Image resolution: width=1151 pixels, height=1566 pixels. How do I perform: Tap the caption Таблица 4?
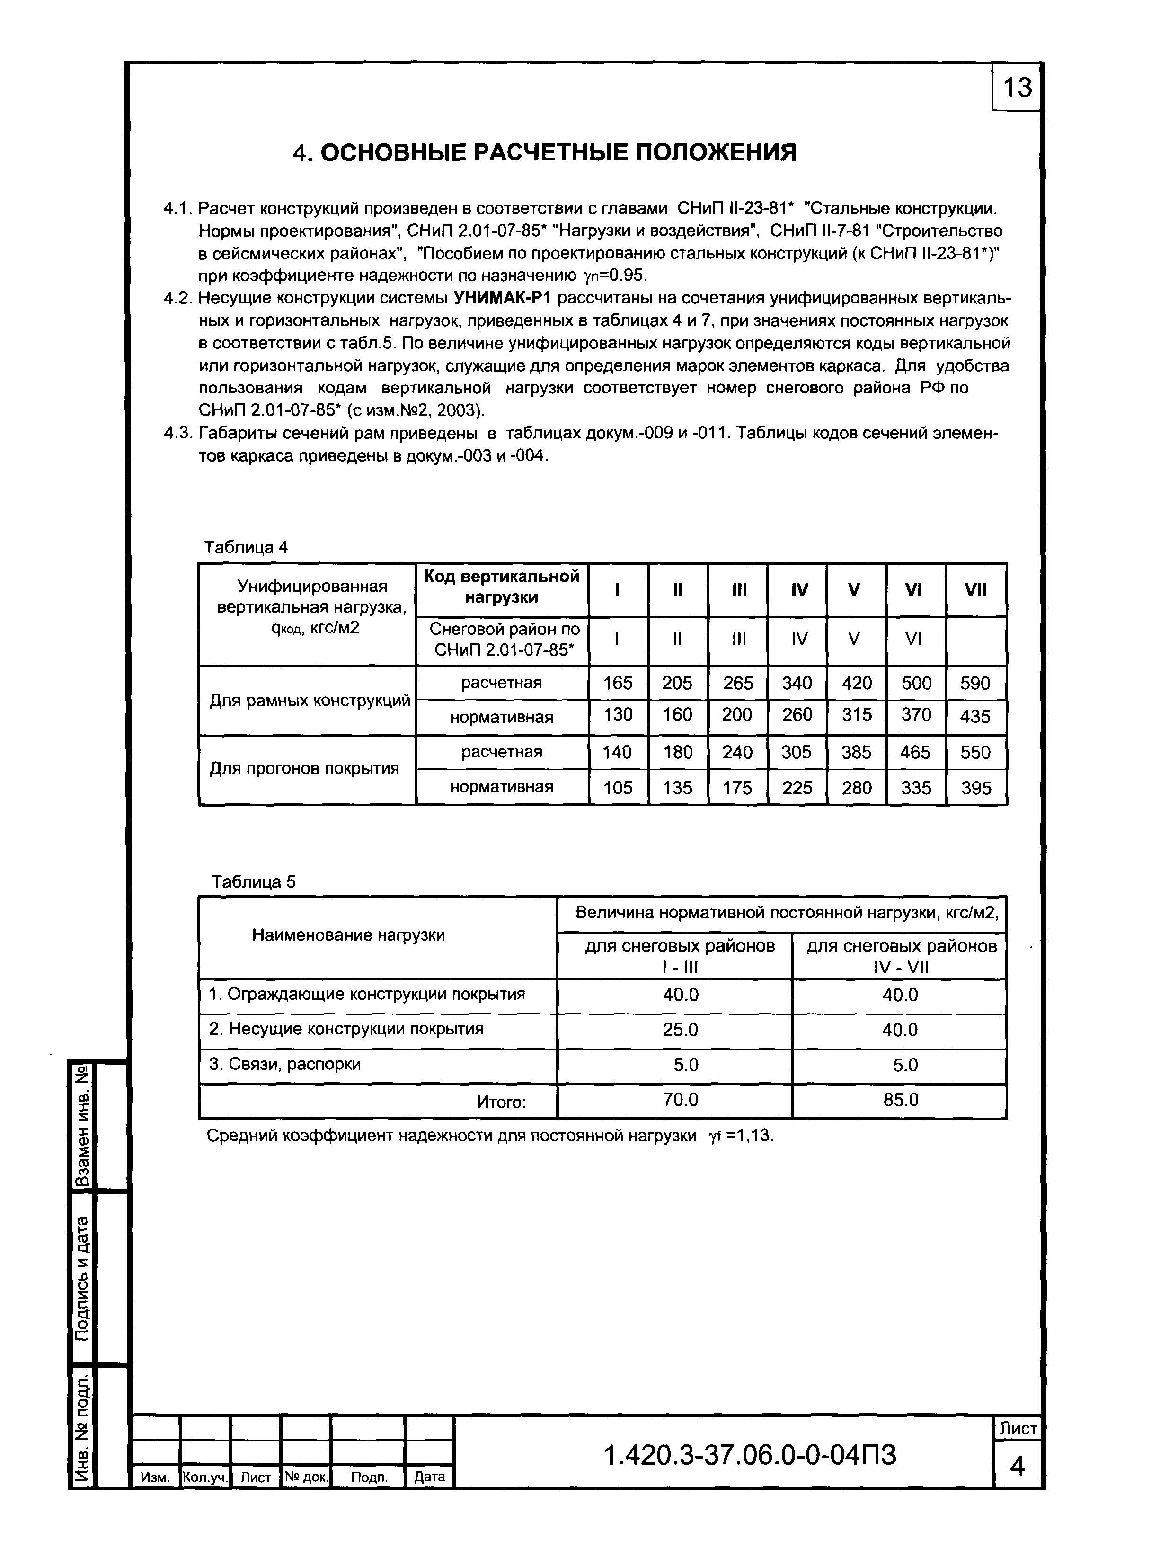[x=245, y=547]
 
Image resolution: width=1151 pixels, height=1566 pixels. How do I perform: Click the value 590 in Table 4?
[x=975, y=683]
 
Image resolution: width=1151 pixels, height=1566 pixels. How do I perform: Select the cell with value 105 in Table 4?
[x=617, y=788]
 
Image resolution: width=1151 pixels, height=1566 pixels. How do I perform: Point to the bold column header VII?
[x=975, y=590]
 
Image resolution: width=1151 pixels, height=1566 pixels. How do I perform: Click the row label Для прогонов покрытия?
[x=304, y=769]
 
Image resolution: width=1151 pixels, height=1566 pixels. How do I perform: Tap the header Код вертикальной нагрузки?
[x=502, y=587]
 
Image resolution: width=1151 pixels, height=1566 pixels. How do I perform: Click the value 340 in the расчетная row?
[x=797, y=683]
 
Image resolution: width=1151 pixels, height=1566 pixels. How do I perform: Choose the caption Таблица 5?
[x=254, y=882]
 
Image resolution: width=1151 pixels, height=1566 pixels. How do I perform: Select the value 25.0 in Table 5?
[x=680, y=1029]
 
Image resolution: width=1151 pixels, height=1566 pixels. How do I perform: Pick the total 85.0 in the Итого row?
[x=900, y=1100]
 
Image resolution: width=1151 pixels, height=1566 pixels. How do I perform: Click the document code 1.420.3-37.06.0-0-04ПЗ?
[x=750, y=1455]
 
